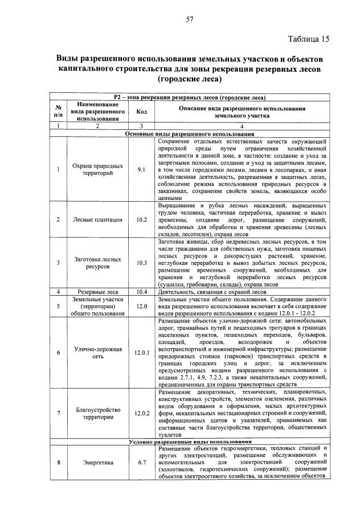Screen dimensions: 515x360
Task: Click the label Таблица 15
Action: point(309,39)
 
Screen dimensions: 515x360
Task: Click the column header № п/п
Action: point(58,112)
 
